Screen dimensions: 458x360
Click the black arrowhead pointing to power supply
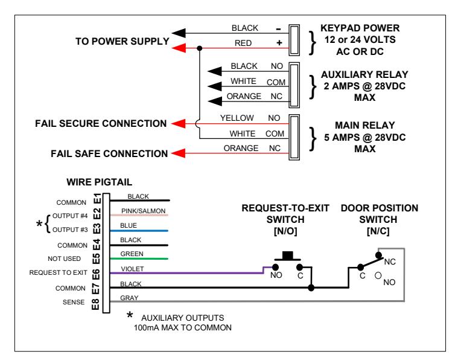[x=179, y=33]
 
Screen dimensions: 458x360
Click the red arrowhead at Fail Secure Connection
[x=179, y=124]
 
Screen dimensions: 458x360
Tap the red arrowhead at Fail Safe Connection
[x=179, y=153]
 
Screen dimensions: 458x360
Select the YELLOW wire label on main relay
[x=237, y=118]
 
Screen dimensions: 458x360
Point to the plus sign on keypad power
[x=279, y=43]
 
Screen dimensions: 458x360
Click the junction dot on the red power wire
[x=200, y=48]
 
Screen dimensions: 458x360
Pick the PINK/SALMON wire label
[x=143, y=211]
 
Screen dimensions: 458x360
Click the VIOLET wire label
[x=132, y=269]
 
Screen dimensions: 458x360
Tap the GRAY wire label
[x=129, y=298]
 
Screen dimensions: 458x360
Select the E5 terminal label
[x=96, y=259]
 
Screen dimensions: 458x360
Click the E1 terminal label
[x=97, y=199]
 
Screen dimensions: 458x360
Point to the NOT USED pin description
[x=64, y=259]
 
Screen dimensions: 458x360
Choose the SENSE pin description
[x=74, y=302]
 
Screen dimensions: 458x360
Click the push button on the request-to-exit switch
[x=287, y=256]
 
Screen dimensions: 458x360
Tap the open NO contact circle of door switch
[x=378, y=275]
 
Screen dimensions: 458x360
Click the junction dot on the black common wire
[x=311, y=288]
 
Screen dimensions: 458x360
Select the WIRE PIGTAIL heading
[x=100, y=182]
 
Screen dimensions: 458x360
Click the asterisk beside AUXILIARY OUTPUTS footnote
[x=130, y=315]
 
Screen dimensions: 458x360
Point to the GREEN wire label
[x=132, y=254]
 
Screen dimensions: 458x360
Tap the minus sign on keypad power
[x=278, y=29]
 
